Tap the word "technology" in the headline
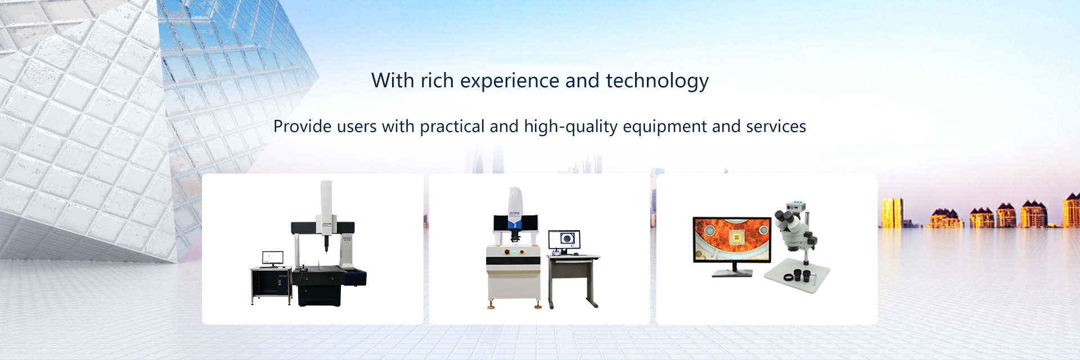657,82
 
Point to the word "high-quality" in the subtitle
571,127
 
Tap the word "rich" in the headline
437,81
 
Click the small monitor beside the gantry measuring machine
273,259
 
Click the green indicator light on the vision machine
513,252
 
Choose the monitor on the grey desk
564,241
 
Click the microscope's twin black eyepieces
784,216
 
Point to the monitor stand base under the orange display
732,273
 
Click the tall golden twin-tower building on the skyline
893,213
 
